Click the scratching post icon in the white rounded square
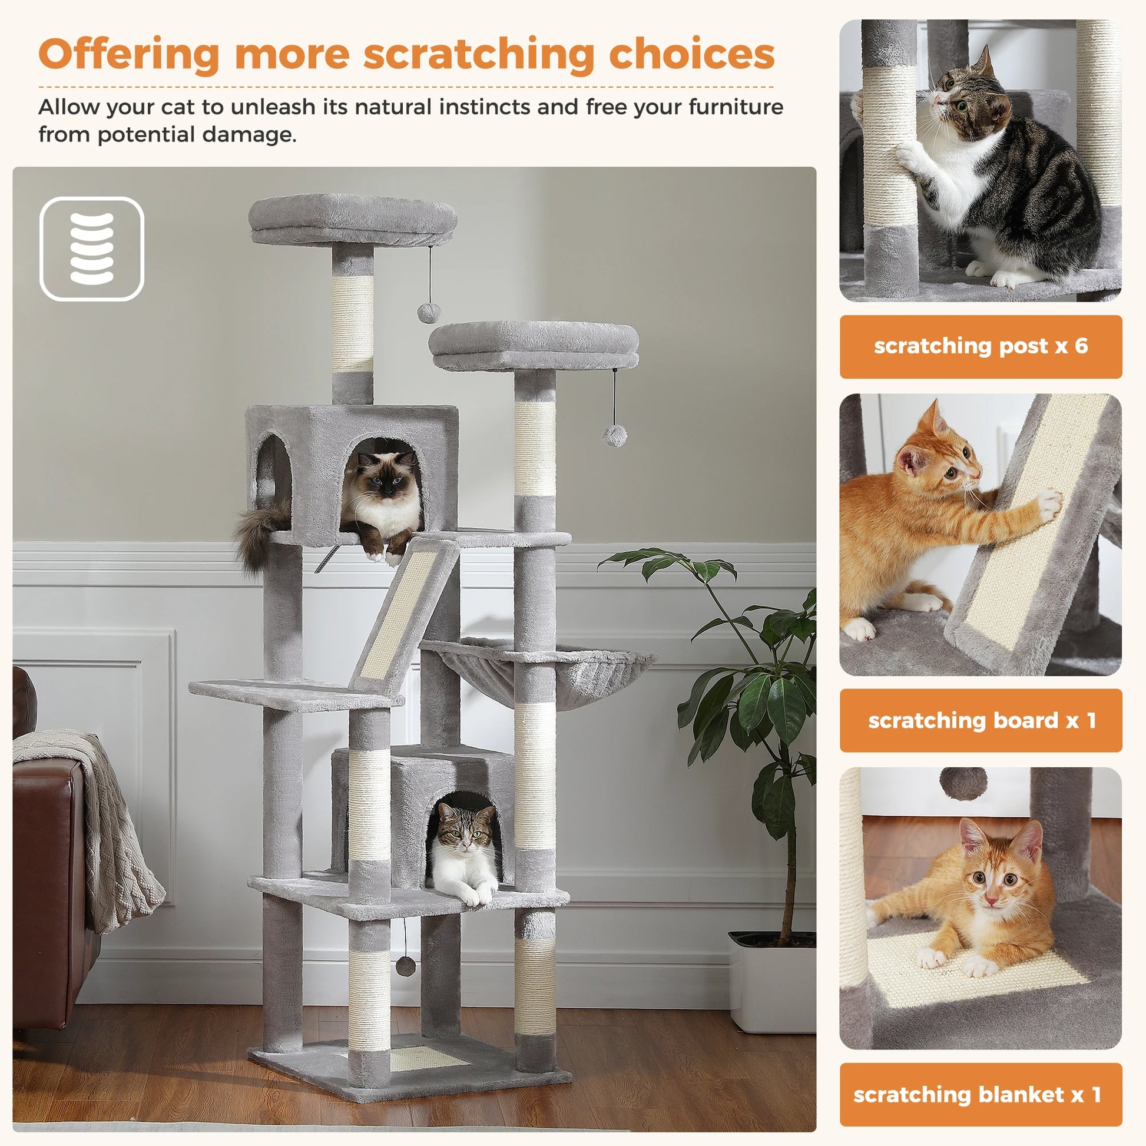pos(91,249)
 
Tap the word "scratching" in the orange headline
pos(479,55)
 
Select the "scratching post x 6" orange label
pos(980,346)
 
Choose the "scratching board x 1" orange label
pos(980,720)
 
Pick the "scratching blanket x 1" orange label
pos(980,1094)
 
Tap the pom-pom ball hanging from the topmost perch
pos(428,312)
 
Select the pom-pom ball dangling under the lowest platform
pos(406,966)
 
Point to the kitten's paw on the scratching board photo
pos(1048,505)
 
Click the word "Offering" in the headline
pos(130,55)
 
